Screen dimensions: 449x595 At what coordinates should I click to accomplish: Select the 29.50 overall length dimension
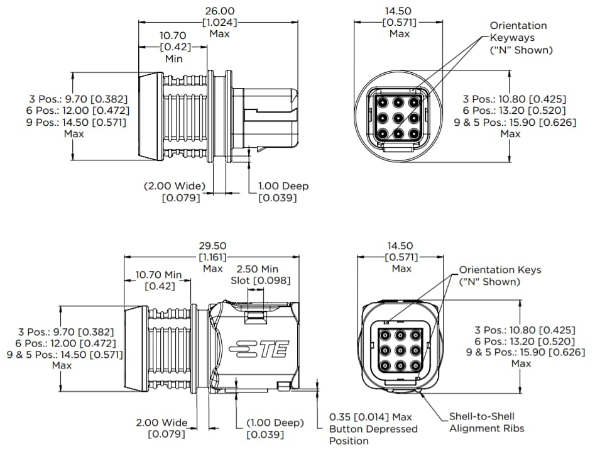click(x=213, y=246)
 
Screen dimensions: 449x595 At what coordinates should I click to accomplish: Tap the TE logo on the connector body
click(x=259, y=350)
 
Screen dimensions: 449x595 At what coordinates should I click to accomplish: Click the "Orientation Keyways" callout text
click(x=518, y=31)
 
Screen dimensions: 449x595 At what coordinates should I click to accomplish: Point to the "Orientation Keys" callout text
click(x=499, y=270)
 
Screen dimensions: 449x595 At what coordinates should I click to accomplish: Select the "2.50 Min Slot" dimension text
click(x=261, y=274)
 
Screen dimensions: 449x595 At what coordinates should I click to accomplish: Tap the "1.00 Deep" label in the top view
click(x=283, y=186)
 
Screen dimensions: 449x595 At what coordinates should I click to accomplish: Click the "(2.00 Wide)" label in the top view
click(x=175, y=186)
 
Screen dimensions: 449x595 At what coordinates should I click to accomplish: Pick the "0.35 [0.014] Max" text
click(x=370, y=417)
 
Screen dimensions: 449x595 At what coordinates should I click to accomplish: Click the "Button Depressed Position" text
click(x=373, y=435)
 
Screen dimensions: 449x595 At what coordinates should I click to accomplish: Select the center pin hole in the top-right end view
click(x=398, y=117)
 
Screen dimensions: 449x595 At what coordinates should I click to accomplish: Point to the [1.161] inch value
click(x=213, y=257)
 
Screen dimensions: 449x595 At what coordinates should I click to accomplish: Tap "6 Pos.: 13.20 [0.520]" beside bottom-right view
click(x=521, y=341)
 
